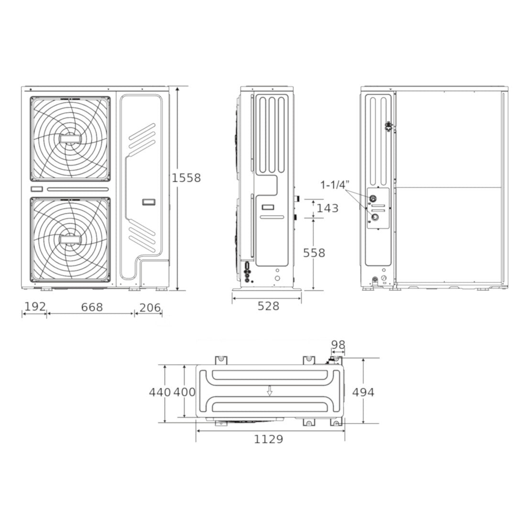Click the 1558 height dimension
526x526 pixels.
pos(186,178)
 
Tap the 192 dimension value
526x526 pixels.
pos(35,307)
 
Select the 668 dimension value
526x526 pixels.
pos(92,307)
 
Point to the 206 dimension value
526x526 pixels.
pos(150,307)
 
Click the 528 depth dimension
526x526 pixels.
pos(268,306)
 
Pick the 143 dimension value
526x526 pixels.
pos(328,208)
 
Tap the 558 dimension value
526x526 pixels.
pos(314,252)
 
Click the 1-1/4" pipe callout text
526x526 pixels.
pos(335,185)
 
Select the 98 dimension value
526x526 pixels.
pos(338,344)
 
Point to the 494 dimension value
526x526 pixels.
pos(363,392)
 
